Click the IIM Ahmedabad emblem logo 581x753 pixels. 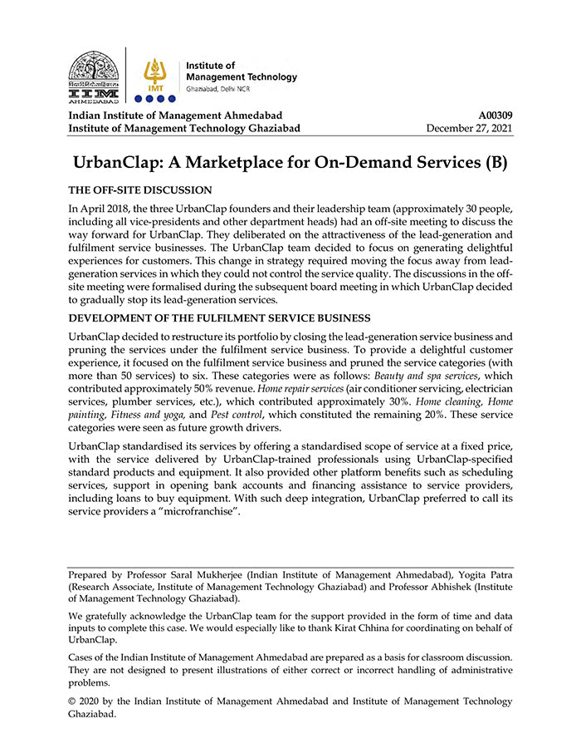(x=93, y=75)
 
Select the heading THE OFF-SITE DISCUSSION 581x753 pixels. (x=140, y=190)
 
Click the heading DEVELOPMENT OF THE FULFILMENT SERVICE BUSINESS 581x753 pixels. (x=219, y=318)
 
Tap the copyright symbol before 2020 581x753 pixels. (x=73, y=701)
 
